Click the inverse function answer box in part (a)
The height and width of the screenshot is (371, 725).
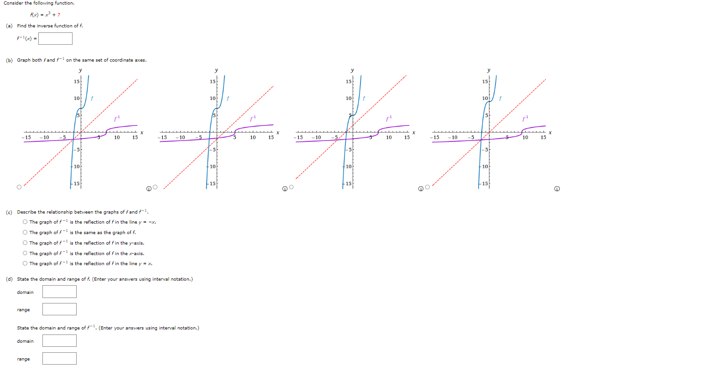pos(55,38)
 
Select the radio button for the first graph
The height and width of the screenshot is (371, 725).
pos(19,187)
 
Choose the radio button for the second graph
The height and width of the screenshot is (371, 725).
pos(155,187)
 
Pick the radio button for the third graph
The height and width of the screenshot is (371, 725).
pos(291,187)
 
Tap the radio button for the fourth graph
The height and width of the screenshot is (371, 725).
pos(428,187)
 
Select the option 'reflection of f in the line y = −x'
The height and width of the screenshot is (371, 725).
pos(25,222)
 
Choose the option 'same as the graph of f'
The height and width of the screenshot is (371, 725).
pos(25,232)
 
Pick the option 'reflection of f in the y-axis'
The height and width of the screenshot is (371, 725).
pos(25,243)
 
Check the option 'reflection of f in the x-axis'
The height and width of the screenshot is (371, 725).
pos(25,253)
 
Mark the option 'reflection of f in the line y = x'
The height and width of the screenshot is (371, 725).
pos(25,263)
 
